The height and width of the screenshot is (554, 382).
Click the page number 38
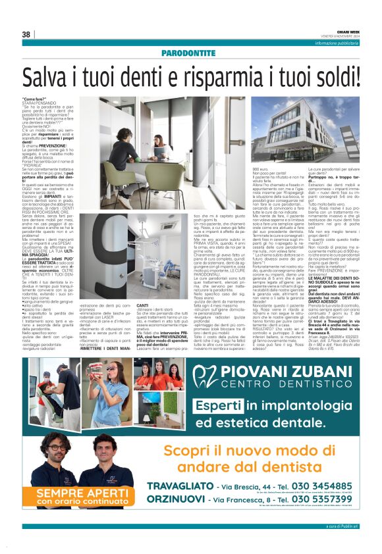26,34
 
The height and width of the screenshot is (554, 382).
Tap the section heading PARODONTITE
190,53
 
